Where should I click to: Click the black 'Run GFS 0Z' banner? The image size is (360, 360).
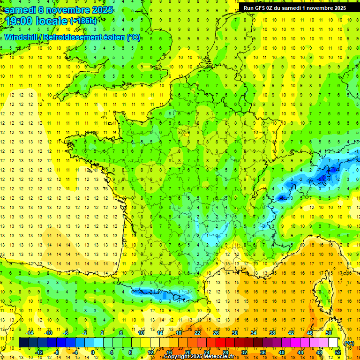[x=295, y=7]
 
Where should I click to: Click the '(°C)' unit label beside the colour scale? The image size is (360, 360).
[x=349, y=343]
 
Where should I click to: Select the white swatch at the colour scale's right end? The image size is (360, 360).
[x=333, y=343]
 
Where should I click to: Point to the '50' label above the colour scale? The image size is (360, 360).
[x=329, y=333]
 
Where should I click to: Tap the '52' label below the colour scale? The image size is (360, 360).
[x=337, y=352]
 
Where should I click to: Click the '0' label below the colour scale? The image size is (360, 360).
[x=92, y=352]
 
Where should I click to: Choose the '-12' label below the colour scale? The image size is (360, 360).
[x=39, y=352]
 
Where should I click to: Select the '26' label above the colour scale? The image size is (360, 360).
[x=216, y=333]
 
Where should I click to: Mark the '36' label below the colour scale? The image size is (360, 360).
[x=263, y=352]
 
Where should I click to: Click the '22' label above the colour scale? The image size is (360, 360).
[x=197, y=333]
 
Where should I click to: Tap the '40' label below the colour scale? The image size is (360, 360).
[x=282, y=352]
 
